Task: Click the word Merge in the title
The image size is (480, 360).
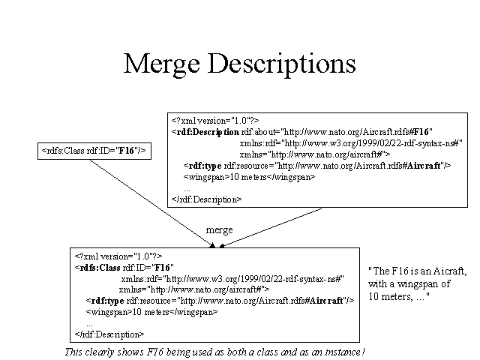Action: (162, 64)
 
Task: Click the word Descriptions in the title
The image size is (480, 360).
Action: (282, 64)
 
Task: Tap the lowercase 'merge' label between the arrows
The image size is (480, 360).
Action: (219, 230)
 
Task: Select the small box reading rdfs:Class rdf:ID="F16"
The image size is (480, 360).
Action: (94, 151)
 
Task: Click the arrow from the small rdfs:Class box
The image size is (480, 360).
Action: (152, 203)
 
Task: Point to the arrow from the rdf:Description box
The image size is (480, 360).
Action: (271, 228)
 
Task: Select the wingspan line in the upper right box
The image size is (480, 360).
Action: (249, 177)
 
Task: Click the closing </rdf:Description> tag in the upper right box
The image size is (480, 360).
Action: (207, 199)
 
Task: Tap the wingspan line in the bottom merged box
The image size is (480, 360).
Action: (151, 312)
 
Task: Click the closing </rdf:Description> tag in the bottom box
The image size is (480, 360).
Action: (109, 334)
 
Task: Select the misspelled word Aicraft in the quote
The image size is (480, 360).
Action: (450, 271)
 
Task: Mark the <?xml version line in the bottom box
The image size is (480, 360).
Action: (118, 256)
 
